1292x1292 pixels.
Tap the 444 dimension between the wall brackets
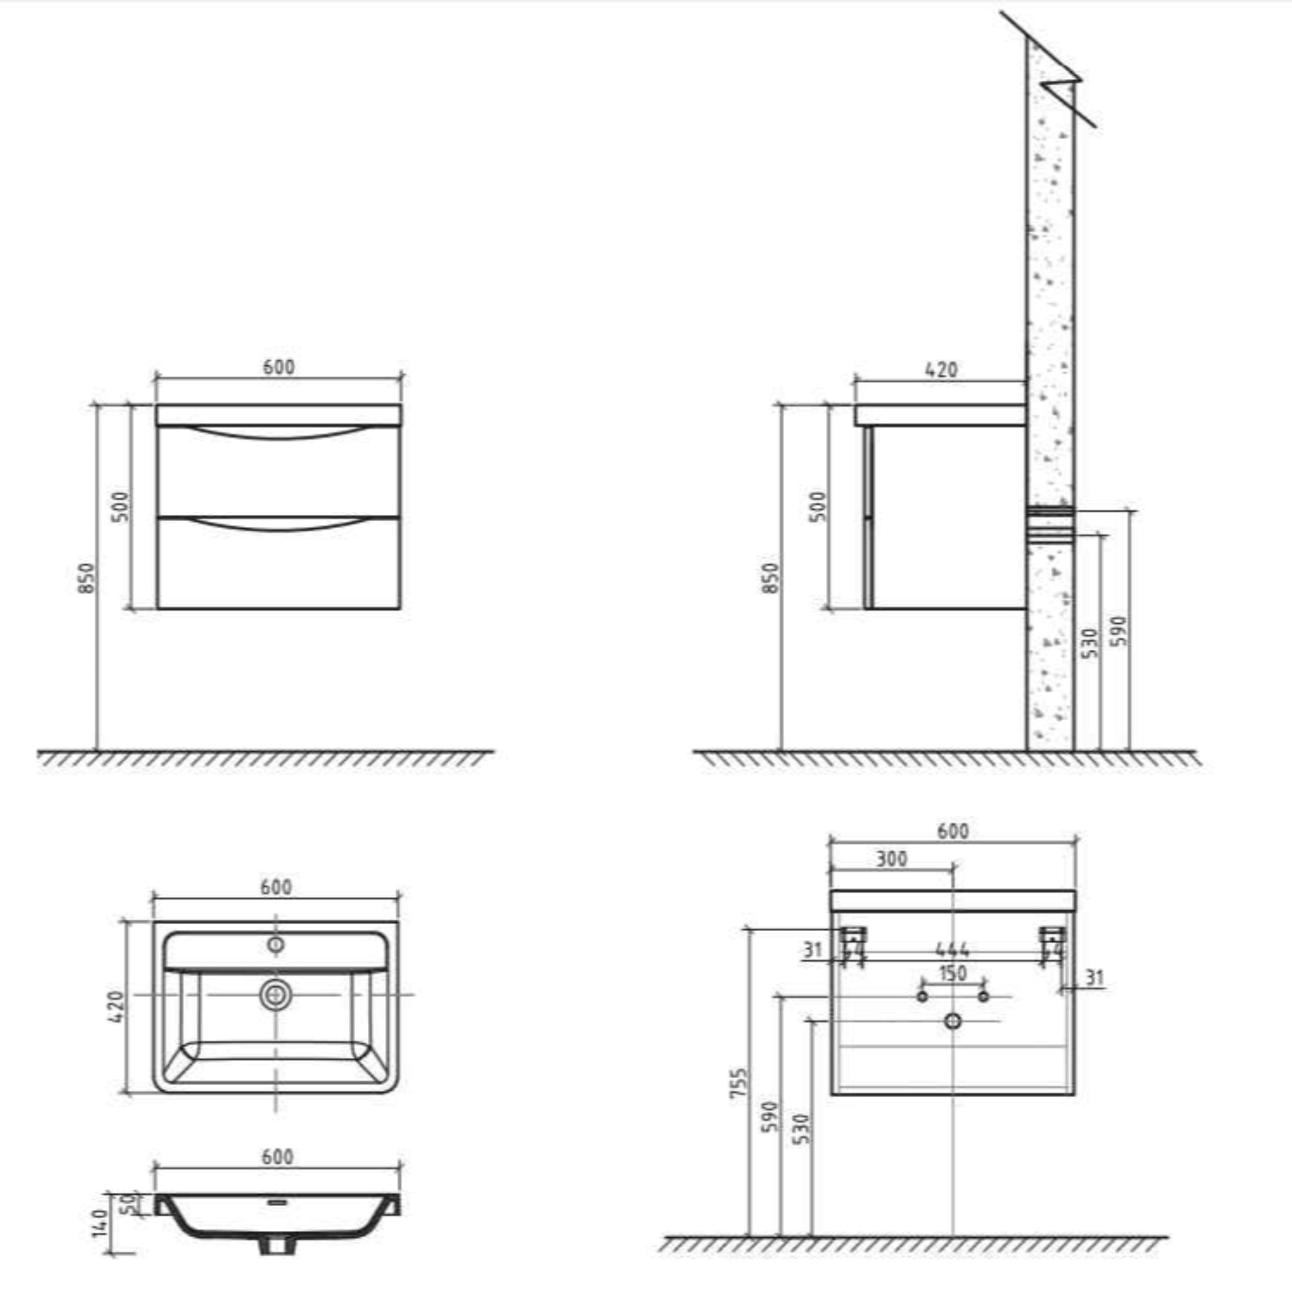click(952, 950)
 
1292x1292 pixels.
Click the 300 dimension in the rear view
click(891, 859)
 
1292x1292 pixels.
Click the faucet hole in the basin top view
click(276, 945)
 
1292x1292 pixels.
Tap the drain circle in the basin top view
click(275, 995)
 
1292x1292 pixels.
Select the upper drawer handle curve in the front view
click(278, 433)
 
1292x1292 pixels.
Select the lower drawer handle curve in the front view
click(278, 525)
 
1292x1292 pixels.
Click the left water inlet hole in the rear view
click(922, 996)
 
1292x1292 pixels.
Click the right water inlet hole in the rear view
click(983, 996)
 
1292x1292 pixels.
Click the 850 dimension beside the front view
click(87, 578)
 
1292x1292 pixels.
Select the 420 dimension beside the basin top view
click(115, 1006)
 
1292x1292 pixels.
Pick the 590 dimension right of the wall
click(1119, 631)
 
